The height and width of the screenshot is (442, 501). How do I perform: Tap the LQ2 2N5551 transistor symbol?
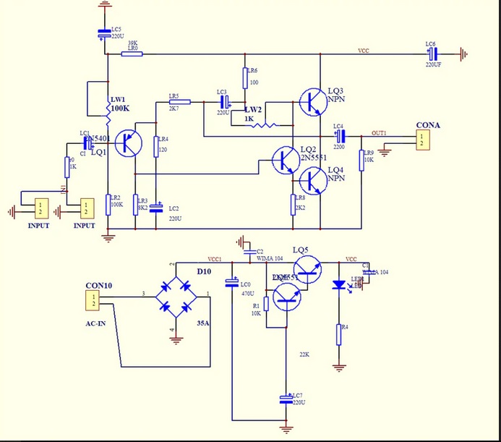(284, 159)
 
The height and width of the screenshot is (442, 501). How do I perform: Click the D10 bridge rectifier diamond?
(178, 296)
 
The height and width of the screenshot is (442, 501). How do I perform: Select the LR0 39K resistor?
(132, 54)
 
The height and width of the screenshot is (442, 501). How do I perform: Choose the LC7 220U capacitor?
(286, 399)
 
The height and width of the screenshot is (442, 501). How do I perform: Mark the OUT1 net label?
(379, 133)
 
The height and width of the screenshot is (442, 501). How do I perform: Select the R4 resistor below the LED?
(338, 335)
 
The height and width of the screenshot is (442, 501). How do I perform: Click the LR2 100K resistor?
(108, 203)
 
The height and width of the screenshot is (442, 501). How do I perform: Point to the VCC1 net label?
(215, 258)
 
